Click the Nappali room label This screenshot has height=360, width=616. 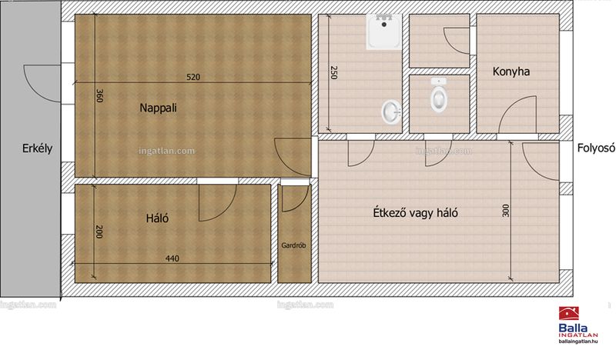159,108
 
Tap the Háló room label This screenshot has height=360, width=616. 157,218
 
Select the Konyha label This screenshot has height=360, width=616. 511,72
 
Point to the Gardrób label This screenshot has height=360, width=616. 293,245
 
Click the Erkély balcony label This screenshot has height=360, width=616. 37,148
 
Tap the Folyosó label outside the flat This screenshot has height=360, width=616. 595,148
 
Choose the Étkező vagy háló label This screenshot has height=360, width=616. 415,213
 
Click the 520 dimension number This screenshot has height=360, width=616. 193,77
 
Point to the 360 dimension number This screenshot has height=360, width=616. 99,96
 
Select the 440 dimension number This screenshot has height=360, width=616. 172,258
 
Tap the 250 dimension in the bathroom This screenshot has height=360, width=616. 333,72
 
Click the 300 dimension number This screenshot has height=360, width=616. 506,211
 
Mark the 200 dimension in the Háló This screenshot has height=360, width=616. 99,232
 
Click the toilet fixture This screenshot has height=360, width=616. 438,95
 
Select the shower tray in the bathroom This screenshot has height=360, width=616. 384,32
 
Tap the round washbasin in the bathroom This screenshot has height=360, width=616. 391,112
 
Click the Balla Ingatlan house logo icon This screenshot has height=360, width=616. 568,314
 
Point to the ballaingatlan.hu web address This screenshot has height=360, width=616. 578,342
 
